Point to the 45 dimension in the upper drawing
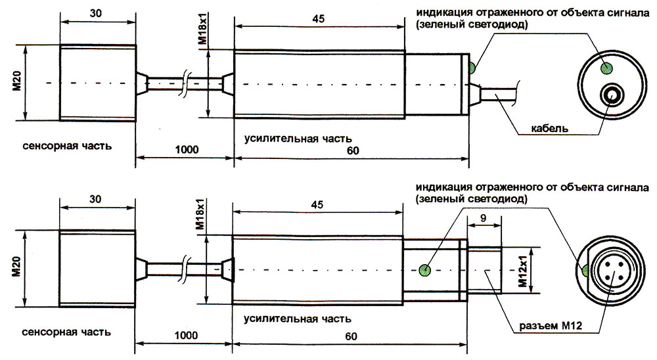319,19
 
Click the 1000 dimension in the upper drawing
187,150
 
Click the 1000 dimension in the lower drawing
187,335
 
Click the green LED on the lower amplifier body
425,269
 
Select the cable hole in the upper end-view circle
613,95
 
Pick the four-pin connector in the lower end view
610,271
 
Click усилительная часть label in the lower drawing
297,319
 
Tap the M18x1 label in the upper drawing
202,30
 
